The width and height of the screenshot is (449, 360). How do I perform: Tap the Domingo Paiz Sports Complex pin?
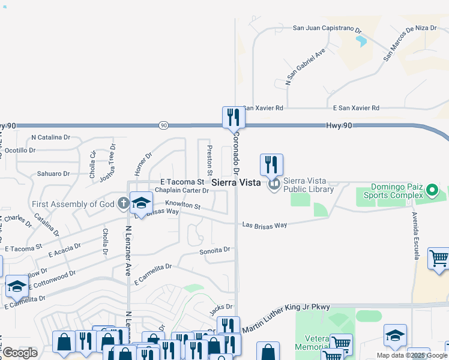pos(432,192)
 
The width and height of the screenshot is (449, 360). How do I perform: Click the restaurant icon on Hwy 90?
pos(234,117)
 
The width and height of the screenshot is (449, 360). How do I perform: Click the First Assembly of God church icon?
pos(123,203)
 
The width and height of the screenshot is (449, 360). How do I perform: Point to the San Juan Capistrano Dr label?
pos(327,28)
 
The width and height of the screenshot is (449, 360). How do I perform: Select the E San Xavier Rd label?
pos(356,108)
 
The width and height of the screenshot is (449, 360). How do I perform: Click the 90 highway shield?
pos(164,125)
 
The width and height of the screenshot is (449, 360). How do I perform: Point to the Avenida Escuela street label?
pos(415,235)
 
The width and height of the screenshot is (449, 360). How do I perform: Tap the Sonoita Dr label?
pos(215,250)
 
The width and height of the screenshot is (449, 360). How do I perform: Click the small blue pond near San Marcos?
pos(361,41)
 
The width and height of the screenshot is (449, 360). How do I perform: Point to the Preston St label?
pos(209,157)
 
